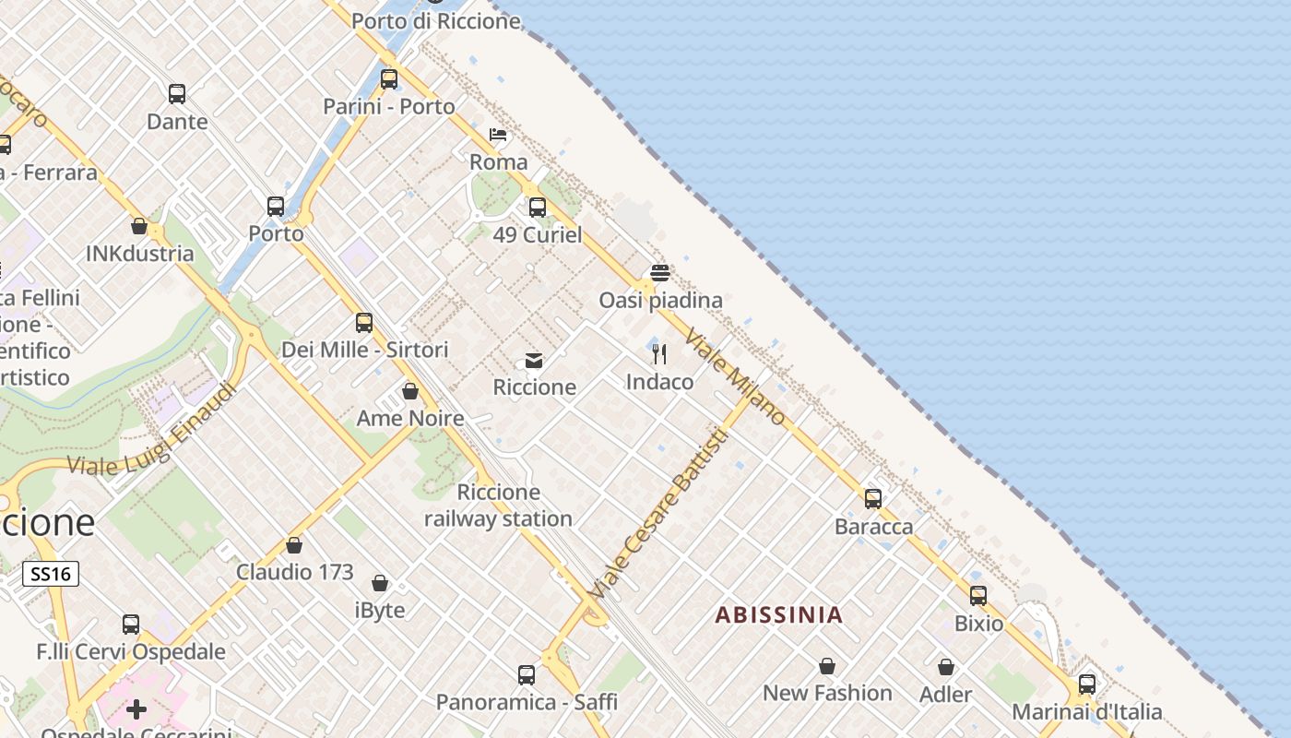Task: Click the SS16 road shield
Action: click(x=51, y=574)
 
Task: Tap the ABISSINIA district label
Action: click(x=779, y=614)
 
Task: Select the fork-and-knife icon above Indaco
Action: click(x=659, y=354)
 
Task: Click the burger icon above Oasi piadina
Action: click(x=659, y=273)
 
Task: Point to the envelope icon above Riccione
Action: click(x=534, y=360)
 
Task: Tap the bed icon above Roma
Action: click(x=498, y=135)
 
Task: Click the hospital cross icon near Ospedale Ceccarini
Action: click(x=136, y=709)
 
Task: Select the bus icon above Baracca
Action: click(x=873, y=499)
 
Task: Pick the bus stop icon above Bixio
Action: click(x=978, y=596)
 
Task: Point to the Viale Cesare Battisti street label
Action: click(x=659, y=512)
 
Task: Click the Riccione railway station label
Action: click(x=498, y=506)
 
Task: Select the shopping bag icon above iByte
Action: click(x=380, y=583)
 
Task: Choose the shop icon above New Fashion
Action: click(x=827, y=666)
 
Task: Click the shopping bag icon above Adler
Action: click(x=946, y=667)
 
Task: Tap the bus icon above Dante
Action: click(x=177, y=94)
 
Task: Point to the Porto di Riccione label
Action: click(x=436, y=20)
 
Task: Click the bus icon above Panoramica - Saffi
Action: click(x=527, y=675)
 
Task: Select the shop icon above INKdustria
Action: click(x=139, y=226)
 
